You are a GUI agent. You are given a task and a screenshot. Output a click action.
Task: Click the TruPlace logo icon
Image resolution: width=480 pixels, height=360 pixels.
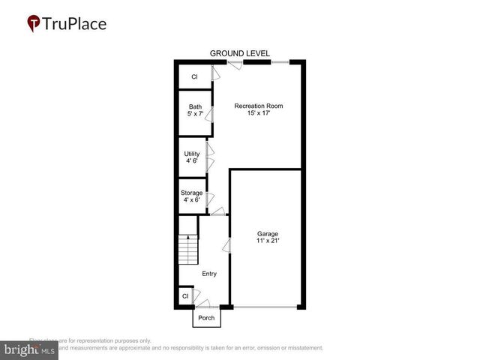pyautogui.click(x=34, y=23)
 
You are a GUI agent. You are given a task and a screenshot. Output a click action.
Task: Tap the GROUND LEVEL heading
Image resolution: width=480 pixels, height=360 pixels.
pyautogui.click(x=238, y=53)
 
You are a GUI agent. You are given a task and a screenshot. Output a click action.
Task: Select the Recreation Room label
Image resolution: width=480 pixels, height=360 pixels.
pyautogui.click(x=259, y=106)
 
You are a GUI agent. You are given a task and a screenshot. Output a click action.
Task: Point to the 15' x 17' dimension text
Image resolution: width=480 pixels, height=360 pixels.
pyautogui.click(x=259, y=114)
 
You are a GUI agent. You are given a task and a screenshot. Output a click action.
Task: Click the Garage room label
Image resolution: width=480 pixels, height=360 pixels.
pyautogui.click(x=268, y=233)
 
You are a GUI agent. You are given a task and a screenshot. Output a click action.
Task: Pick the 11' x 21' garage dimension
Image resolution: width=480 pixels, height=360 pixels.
pyautogui.click(x=268, y=241)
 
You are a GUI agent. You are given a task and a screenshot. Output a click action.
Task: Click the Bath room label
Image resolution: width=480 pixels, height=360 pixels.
pyautogui.click(x=195, y=106)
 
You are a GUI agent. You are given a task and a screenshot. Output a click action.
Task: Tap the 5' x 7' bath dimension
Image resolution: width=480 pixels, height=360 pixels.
pyautogui.click(x=195, y=115)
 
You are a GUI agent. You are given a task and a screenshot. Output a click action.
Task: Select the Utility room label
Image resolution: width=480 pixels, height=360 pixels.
pyautogui.click(x=192, y=153)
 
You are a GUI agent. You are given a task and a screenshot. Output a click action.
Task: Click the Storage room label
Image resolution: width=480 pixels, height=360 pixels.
pyautogui.click(x=191, y=193)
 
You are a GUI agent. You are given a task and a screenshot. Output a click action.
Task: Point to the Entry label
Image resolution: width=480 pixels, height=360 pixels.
pyautogui.click(x=208, y=274)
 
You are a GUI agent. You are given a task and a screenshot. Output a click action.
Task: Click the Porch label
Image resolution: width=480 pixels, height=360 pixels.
pyautogui.click(x=205, y=318)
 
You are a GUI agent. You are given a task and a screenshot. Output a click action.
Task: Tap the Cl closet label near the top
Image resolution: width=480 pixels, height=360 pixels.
pyautogui.click(x=194, y=76)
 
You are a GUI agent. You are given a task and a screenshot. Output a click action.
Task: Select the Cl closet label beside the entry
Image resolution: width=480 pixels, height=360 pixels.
pyautogui.click(x=185, y=297)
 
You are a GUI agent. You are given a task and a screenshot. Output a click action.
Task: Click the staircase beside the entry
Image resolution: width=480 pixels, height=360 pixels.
pyautogui.click(x=187, y=247)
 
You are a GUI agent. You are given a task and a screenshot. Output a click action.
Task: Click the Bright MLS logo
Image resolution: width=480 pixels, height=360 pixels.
pyautogui.click(x=30, y=349)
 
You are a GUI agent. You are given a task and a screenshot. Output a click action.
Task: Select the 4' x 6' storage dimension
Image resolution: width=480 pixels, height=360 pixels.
pyautogui.click(x=191, y=200)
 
